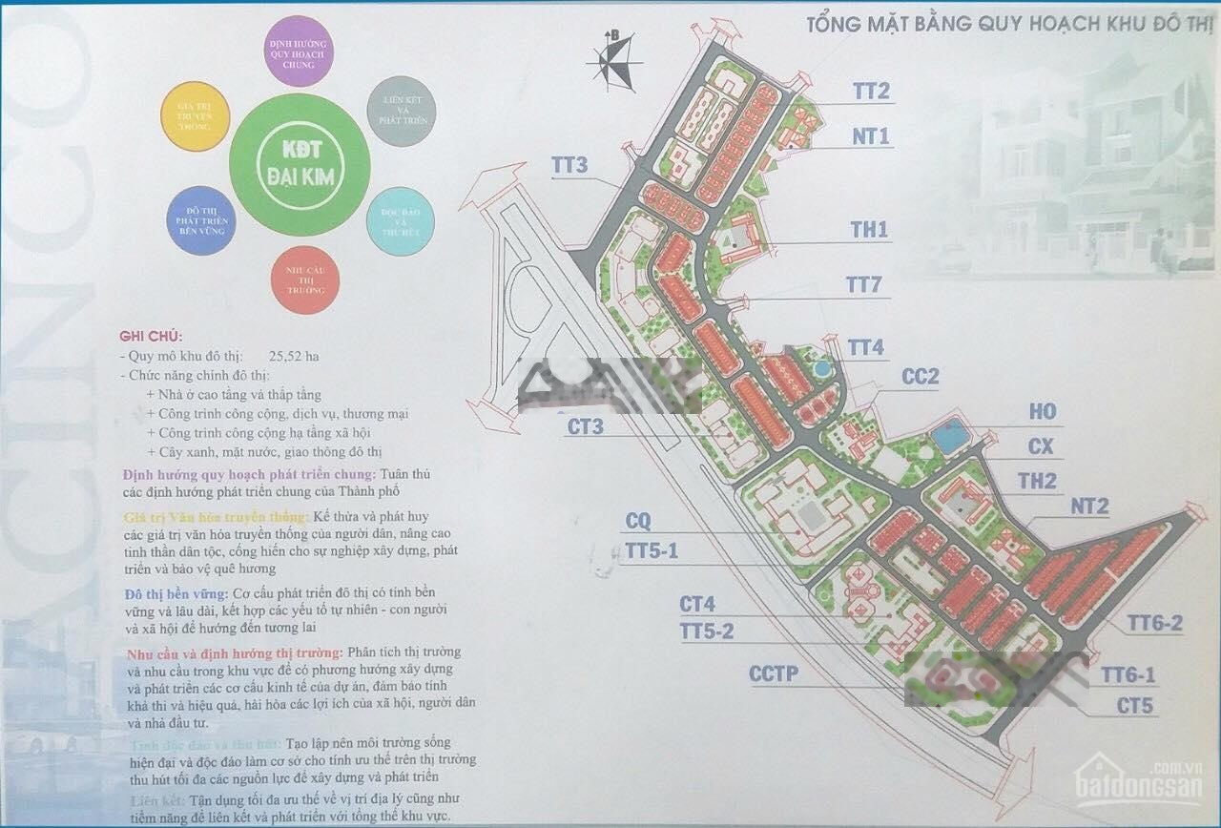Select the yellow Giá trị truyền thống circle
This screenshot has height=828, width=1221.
coord(198,116)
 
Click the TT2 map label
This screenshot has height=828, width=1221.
coord(871,92)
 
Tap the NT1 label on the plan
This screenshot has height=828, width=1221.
coord(870,137)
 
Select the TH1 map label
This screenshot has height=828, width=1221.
coord(869,230)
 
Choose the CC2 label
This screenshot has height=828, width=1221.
coord(920,378)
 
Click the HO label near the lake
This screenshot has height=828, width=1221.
coord(1042,412)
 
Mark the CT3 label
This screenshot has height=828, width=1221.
coord(585,427)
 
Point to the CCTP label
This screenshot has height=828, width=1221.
coord(773,675)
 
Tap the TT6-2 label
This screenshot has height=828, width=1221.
coord(1154,624)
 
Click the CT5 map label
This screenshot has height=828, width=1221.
coord(1136,707)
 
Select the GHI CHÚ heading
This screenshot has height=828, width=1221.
coord(151,337)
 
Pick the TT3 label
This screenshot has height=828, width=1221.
coord(569,164)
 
